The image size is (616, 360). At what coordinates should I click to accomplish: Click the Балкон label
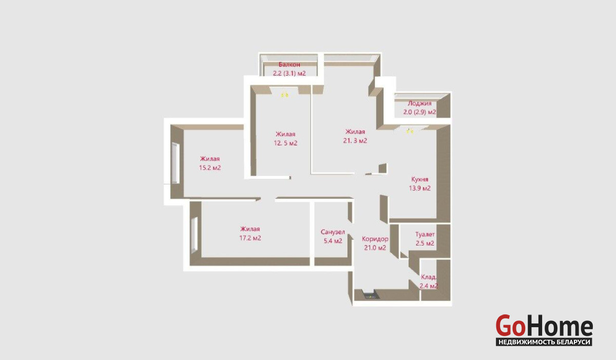click(x=290, y=65)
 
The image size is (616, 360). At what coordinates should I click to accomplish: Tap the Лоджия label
click(x=419, y=103)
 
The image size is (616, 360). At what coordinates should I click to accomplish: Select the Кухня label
click(x=420, y=179)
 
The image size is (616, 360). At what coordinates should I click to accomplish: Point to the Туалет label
click(x=425, y=234)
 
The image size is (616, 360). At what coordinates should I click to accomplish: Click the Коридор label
click(x=375, y=239)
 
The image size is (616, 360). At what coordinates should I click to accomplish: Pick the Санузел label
click(x=333, y=232)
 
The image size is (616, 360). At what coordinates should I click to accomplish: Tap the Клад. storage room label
click(x=429, y=277)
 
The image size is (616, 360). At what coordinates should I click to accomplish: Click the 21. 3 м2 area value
click(x=355, y=141)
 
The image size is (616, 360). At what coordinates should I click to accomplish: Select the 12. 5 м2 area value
click(x=285, y=143)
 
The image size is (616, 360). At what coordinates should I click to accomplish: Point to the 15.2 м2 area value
click(x=210, y=168)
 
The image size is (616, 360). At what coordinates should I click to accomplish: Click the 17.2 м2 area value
click(x=250, y=238)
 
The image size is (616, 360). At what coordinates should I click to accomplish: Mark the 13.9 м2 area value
click(x=420, y=188)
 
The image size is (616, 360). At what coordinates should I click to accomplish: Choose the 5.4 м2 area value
click(x=333, y=241)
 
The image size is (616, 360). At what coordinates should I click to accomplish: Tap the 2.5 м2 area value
click(x=425, y=243)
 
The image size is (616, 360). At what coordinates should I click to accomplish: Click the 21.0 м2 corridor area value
click(x=375, y=248)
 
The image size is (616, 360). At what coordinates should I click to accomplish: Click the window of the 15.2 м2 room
click(x=175, y=163)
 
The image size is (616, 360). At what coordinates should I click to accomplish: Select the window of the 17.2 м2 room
click(x=194, y=234)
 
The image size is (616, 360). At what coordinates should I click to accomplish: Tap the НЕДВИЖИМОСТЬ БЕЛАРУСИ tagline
click(x=544, y=342)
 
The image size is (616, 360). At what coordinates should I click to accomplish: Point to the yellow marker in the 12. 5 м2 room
click(x=284, y=95)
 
